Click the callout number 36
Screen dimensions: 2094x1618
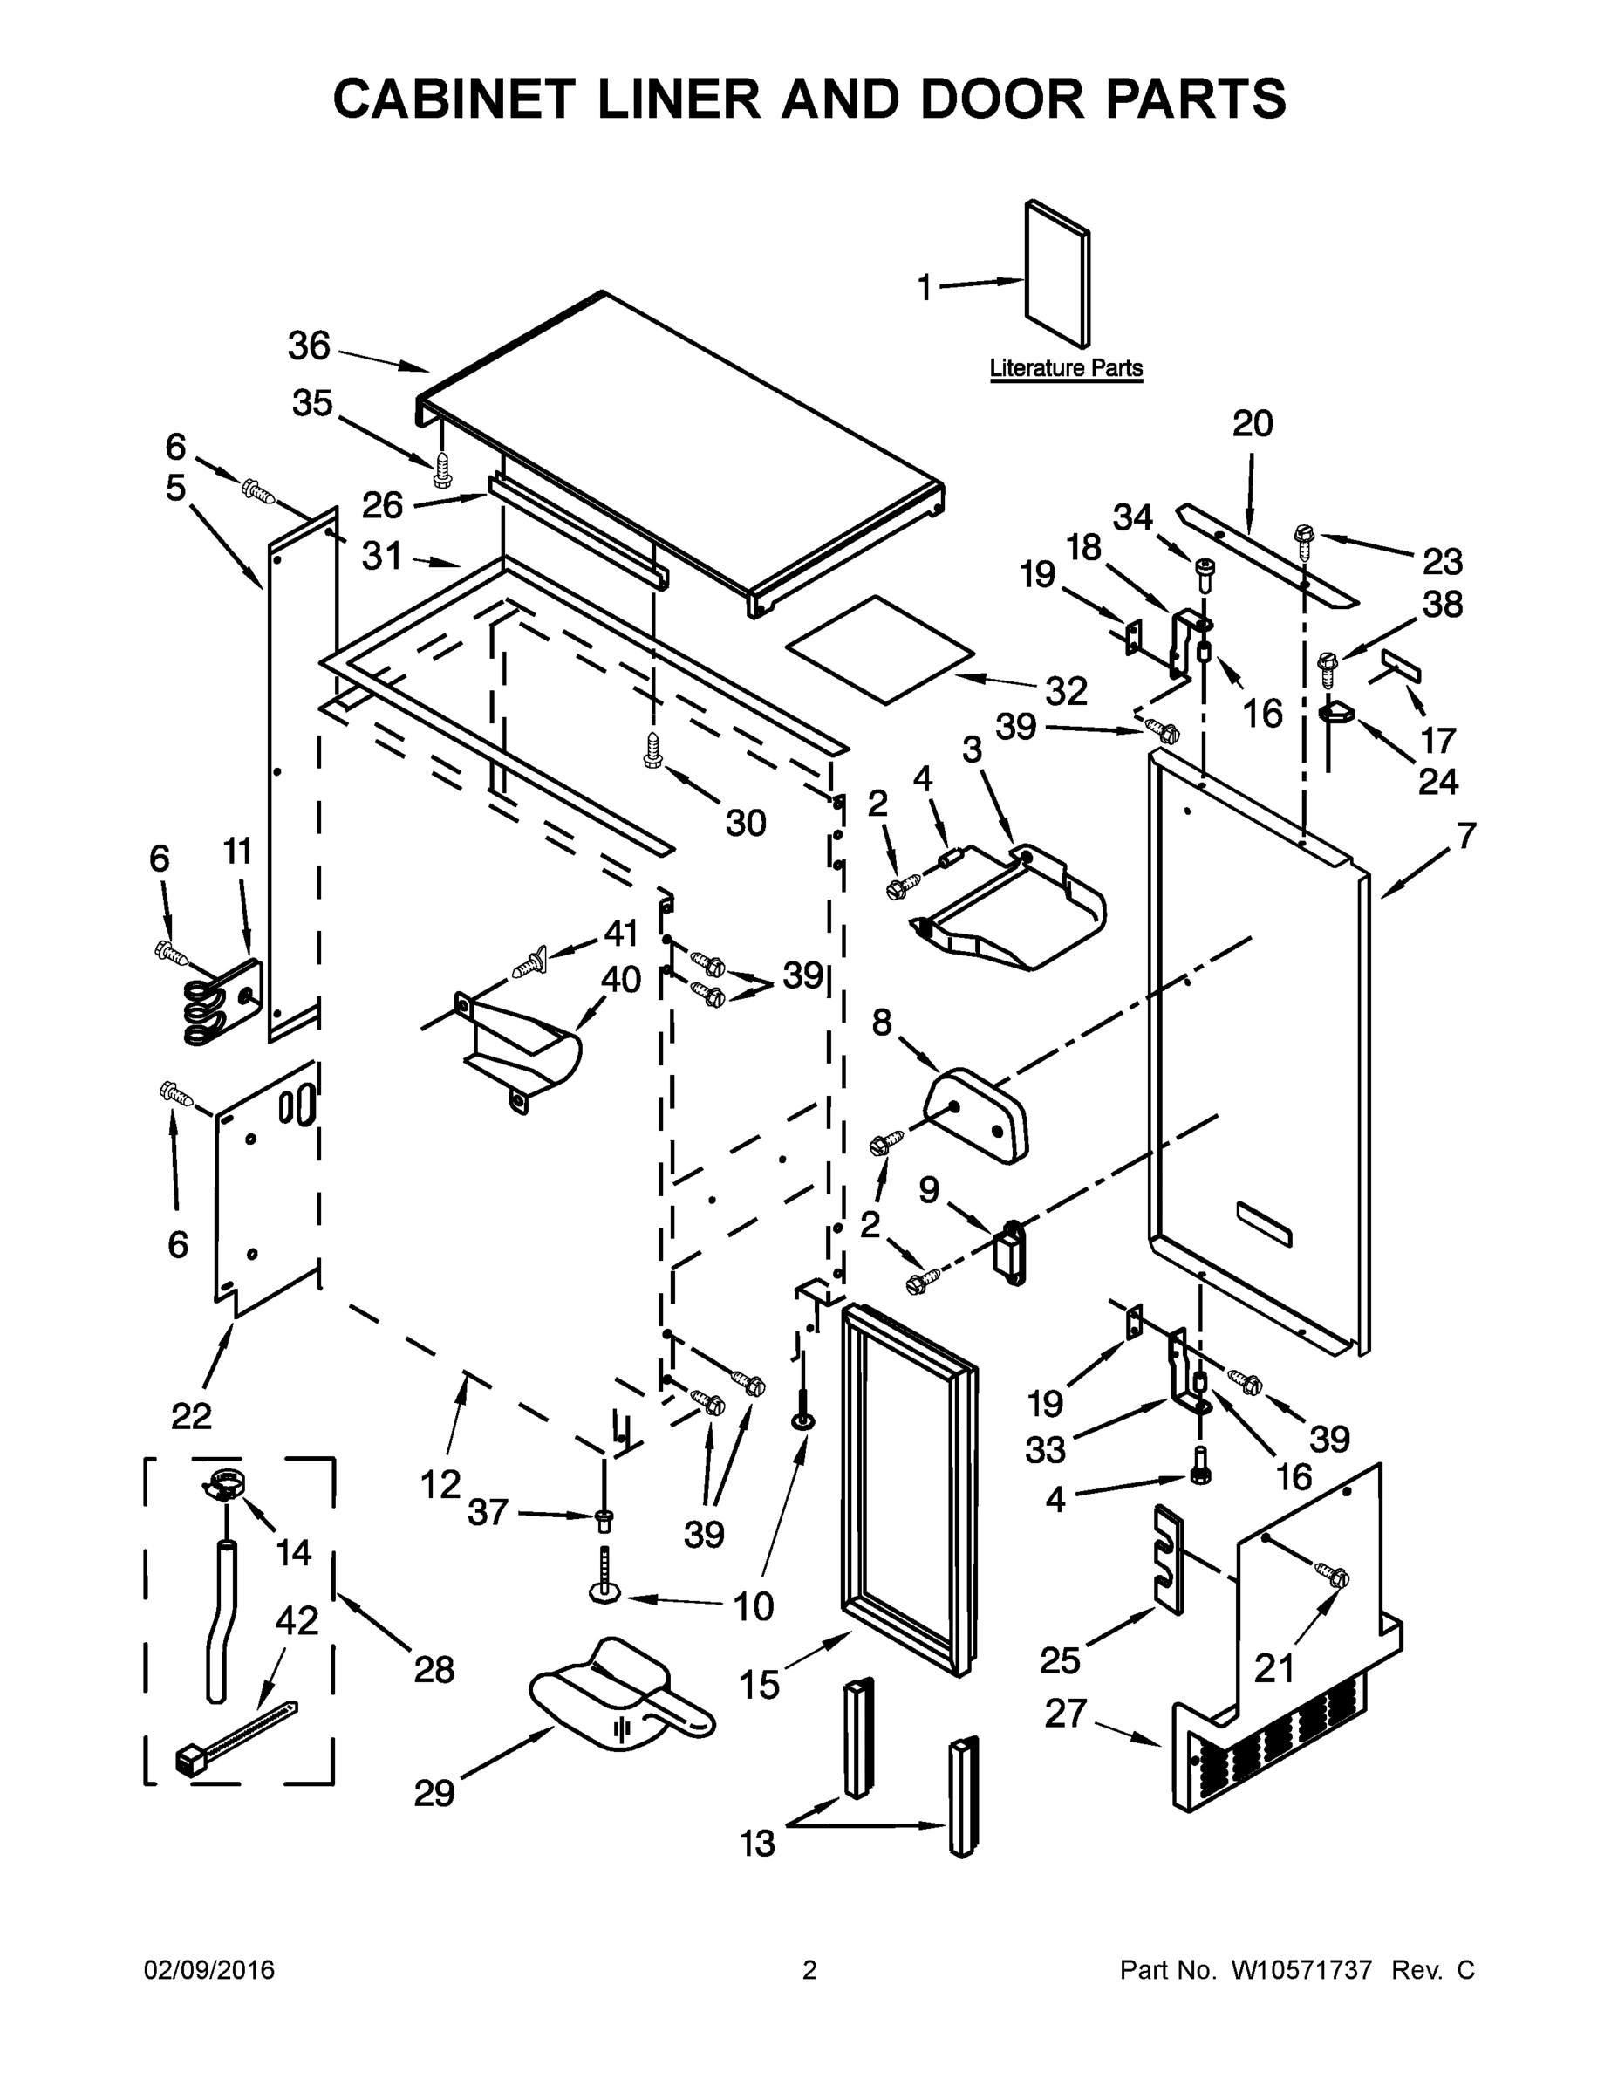point(309,346)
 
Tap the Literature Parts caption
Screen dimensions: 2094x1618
point(1066,368)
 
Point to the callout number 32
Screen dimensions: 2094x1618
point(1066,690)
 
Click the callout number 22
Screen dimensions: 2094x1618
point(191,1415)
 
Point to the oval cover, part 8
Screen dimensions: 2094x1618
point(976,1114)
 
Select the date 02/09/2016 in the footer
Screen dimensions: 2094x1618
point(209,1970)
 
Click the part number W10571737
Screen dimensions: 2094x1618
point(1301,1970)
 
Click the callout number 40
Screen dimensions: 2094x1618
point(620,980)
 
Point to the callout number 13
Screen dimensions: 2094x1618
point(758,1843)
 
